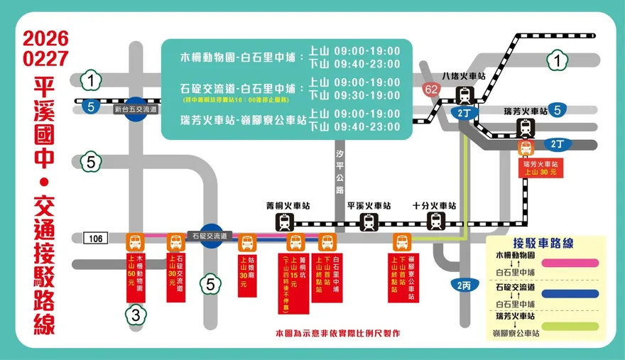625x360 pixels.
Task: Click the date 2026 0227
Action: tap(45, 49)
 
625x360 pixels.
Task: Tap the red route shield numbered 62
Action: tap(430, 89)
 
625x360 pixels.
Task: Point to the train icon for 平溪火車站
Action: tap(369, 222)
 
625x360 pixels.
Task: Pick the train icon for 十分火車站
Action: tap(437, 222)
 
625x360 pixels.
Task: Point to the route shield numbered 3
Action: tap(135, 316)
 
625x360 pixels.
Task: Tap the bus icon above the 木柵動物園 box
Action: tap(135, 242)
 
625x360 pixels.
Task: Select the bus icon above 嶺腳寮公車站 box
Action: tap(401, 242)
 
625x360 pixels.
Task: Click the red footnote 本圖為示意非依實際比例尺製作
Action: tap(337, 333)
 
